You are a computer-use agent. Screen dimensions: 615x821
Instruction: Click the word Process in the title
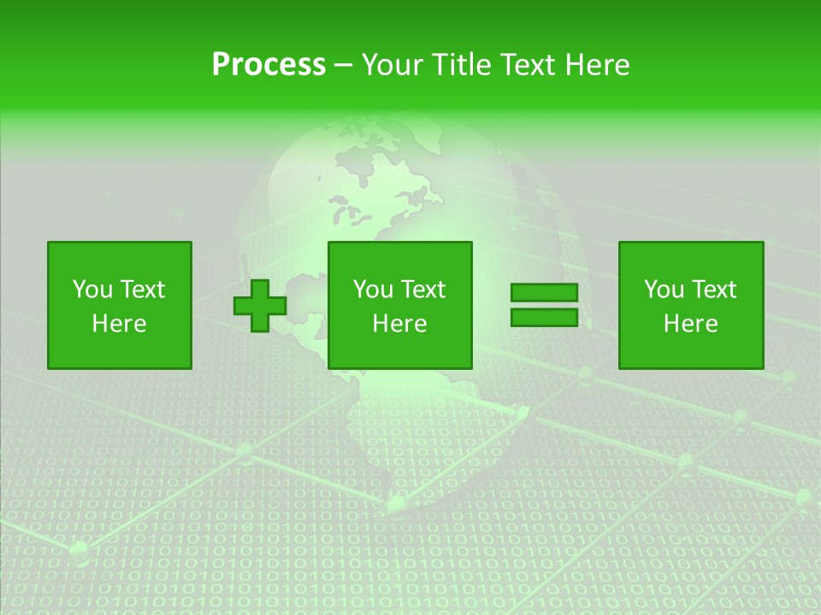[269, 65]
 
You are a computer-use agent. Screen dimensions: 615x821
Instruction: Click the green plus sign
[260, 305]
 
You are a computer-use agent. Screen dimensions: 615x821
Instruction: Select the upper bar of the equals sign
[544, 292]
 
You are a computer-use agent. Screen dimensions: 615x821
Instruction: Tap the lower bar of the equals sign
[544, 318]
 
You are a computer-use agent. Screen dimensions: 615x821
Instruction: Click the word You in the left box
[92, 290]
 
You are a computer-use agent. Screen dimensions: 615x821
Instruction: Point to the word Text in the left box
[141, 290]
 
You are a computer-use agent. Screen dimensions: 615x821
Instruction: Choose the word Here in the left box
[119, 324]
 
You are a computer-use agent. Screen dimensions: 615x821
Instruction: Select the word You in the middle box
[373, 290]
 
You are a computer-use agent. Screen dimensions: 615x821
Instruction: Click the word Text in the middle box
[422, 290]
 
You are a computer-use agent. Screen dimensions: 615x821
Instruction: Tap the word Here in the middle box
[399, 324]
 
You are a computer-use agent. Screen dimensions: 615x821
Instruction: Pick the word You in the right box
[664, 290]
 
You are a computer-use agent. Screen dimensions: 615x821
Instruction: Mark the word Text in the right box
[712, 290]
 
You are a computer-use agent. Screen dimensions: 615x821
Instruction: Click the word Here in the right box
[690, 324]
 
